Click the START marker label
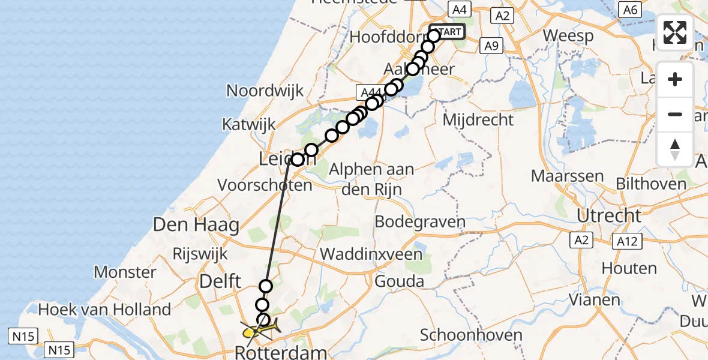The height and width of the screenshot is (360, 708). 449,32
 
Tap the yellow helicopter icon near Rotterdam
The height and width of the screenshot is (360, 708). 259,329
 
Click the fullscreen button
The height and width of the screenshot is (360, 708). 675,32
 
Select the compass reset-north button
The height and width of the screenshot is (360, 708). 675,149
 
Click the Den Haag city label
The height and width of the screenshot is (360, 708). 196,226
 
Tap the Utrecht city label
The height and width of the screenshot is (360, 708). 609,215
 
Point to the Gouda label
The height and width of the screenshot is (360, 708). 399,281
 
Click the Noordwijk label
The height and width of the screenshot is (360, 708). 265,91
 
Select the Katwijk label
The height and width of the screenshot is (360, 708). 249,125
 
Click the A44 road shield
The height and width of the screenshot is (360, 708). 370,92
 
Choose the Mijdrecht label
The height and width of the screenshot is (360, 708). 478,119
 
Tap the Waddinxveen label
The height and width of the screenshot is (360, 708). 371,254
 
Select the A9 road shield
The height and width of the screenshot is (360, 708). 491,45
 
